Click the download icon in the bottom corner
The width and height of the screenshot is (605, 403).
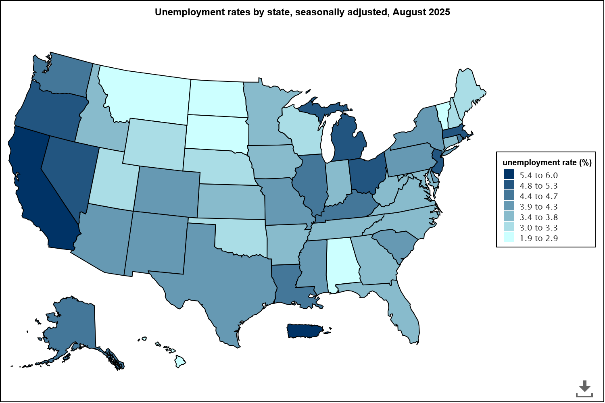point(584,388)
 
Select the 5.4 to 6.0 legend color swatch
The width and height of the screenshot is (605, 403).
point(509,175)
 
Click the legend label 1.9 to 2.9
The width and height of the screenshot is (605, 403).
point(538,238)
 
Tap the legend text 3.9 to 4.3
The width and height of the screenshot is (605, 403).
point(538,207)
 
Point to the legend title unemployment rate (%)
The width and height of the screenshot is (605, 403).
point(547,162)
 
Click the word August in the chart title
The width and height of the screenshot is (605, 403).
point(408,12)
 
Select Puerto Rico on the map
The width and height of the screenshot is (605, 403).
point(304,330)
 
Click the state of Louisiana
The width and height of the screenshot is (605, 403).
point(286,282)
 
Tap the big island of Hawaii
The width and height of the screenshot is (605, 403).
point(180,362)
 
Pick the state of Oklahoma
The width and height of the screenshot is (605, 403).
point(242,238)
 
